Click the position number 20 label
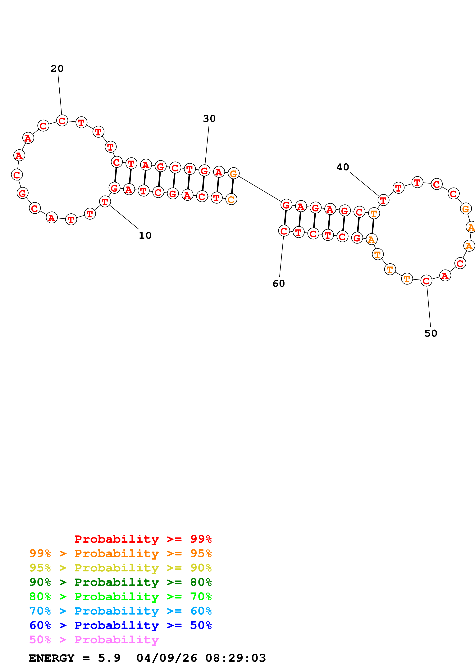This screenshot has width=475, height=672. [x=57, y=69]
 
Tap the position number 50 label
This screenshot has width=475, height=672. [x=431, y=333]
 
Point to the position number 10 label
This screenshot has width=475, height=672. [x=145, y=235]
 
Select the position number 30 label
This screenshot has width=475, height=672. [x=209, y=119]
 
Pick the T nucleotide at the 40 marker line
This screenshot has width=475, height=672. [x=383, y=201]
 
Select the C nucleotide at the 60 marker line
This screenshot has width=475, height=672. [x=284, y=231]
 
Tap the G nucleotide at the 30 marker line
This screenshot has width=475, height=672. [x=204, y=170]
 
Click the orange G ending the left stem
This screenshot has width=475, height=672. [x=233, y=174]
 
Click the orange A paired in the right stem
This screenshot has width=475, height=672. [x=371, y=239]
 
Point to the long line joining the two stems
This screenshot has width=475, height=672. [x=260, y=189]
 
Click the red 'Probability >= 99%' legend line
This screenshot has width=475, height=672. [x=143, y=539]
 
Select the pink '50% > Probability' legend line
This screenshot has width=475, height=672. [x=94, y=640]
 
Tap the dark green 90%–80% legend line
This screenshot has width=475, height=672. [x=121, y=582]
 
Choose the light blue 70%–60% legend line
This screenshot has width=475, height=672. [x=121, y=611]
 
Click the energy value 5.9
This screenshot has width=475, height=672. [x=109, y=658]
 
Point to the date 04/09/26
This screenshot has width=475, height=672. [x=167, y=658]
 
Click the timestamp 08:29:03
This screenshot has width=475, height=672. [x=236, y=658]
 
